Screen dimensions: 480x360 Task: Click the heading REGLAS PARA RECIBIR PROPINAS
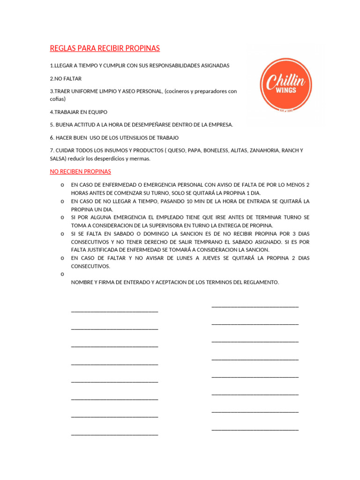point(105,48)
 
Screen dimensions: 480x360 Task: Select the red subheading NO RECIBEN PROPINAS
point(80,172)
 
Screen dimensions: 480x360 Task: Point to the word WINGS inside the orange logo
point(287,90)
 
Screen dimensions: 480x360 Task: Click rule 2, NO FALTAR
point(66,79)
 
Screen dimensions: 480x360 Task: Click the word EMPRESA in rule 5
point(218,125)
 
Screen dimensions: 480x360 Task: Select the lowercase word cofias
point(58,99)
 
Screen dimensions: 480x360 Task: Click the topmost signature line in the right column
point(255,306)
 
